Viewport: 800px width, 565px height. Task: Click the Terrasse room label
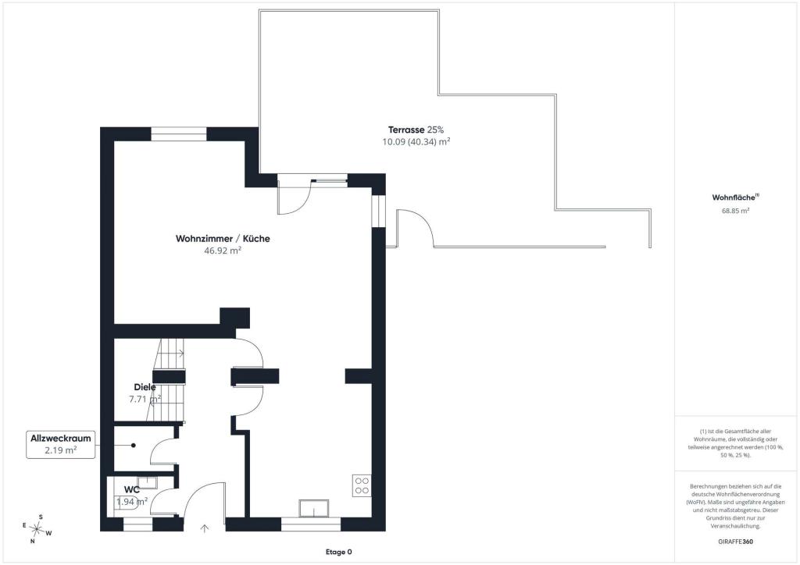pos(406,130)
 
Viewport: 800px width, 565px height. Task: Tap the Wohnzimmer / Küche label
pos(223,239)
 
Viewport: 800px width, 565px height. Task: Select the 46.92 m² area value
pos(223,251)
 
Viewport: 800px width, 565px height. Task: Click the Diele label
pos(145,387)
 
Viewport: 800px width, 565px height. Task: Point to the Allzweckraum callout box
pos(61,444)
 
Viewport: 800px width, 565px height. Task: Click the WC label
pos(131,489)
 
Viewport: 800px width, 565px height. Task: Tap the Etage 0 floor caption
pos(339,553)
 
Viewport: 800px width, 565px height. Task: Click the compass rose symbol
pos(36,529)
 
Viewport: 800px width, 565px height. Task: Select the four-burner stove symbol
pos(362,485)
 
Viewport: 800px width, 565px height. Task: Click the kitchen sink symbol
pos(314,509)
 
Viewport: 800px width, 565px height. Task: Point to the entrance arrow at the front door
pos(205,529)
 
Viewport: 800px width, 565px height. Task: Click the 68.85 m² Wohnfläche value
pos(735,211)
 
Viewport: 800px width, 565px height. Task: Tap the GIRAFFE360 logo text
pos(735,542)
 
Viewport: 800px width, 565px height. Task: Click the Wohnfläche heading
pos(735,197)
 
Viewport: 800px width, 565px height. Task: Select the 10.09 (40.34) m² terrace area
pos(416,142)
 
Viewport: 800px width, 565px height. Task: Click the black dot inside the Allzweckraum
pos(133,446)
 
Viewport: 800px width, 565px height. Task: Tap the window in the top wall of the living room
pos(179,134)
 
